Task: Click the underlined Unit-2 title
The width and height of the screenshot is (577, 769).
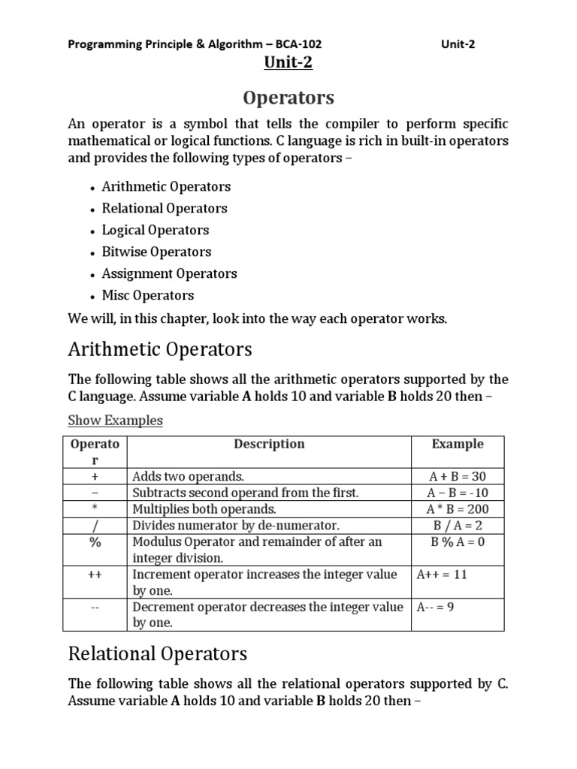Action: point(288,63)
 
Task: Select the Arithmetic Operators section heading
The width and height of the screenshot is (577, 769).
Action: point(160,349)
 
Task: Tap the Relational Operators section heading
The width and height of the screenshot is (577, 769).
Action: point(157,654)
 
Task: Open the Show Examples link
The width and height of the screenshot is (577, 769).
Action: point(115,421)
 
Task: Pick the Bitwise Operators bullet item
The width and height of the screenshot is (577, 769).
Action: point(156,252)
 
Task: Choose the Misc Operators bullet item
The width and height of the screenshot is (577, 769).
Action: point(148,295)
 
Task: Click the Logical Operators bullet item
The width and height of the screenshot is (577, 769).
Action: point(156,230)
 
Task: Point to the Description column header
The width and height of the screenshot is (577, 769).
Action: point(269,444)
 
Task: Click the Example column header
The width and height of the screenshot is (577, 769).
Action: point(458,444)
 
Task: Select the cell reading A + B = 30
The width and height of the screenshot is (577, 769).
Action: point(458,476)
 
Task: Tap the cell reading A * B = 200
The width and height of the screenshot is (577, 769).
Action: point(458,509)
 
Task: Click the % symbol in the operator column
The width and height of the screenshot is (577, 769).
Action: point(95,542)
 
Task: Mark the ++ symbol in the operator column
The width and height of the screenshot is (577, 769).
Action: point(95,574)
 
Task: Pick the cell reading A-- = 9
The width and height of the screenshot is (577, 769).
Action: point(436,607)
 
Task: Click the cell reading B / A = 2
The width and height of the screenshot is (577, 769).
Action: point(458,526)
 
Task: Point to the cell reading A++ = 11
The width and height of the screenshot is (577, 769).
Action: point(441,574)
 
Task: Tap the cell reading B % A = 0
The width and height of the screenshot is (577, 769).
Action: point(458,542)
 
